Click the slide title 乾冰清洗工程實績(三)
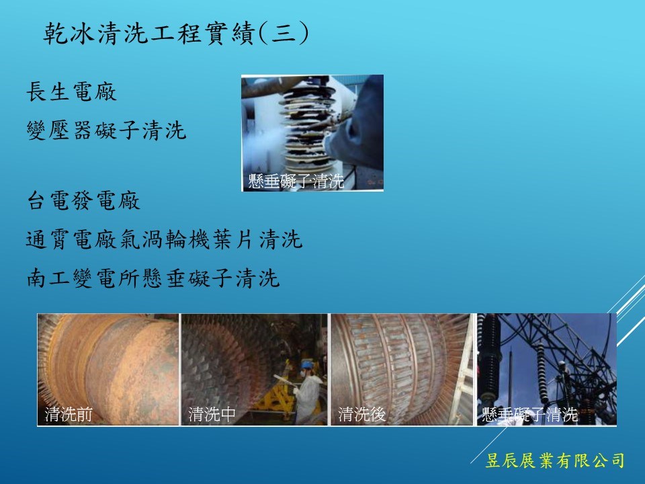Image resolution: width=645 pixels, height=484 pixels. [176, 32]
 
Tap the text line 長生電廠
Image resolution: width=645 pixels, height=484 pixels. [72, 91]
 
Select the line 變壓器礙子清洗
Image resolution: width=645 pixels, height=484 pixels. [107, 130]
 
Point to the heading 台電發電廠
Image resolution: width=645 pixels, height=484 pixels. [83, 200]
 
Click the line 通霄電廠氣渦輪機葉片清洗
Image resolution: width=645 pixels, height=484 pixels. [164, 239]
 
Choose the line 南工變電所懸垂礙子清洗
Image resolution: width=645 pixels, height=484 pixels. [153, 278]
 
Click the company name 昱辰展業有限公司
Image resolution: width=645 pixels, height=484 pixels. [555, 460]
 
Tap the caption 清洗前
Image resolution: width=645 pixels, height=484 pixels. [69, 414]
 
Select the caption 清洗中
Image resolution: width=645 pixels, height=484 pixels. [212, 414]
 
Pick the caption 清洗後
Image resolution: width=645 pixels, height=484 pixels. [362, 414]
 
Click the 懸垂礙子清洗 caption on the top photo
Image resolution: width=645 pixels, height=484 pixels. [296, 181]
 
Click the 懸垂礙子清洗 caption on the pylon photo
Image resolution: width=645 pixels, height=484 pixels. [530, 415]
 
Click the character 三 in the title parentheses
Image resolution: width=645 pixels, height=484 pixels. [284, 32]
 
